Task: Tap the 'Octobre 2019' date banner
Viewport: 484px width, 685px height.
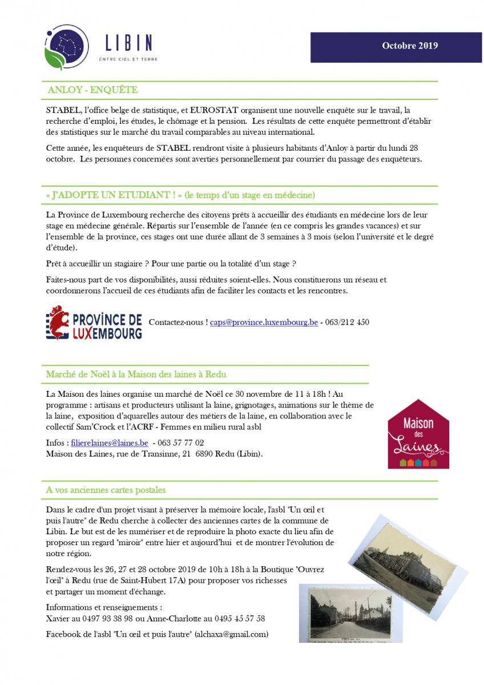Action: click(x=410, y=46)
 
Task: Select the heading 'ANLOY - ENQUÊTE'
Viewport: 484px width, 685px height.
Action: click(x=93, y=90)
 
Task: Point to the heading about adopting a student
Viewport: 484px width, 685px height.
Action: click(x=180, y=195)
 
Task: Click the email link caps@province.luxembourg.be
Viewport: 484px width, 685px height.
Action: click(x=264, y=322)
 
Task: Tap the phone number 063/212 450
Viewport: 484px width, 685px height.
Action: click(x=347, y=322)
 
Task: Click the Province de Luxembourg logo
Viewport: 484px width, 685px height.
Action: click(x=94, y=323)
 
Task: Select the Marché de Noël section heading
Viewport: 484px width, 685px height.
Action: click(x=136, y=374)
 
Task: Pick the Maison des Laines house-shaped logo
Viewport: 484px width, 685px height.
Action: click(x=418, y=434)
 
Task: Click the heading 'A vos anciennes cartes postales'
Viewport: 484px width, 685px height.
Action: click(x=106, y=490)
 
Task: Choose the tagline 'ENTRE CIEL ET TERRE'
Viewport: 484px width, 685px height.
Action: click(x=128, y=59)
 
